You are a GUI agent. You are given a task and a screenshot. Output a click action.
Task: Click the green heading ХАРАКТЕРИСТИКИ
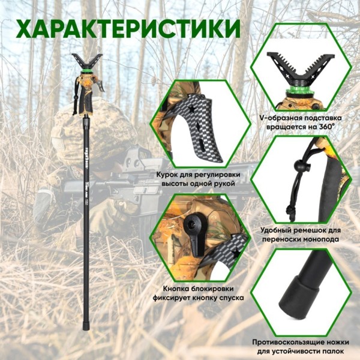(x=128, y=29)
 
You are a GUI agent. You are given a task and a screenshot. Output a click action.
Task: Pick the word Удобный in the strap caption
(x=281, y=229)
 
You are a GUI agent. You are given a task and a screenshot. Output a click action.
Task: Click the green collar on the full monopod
(x=85, y=75)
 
